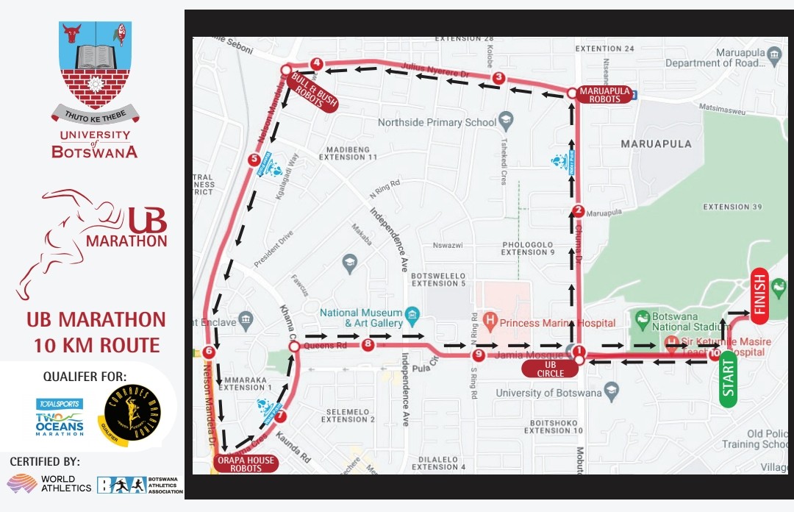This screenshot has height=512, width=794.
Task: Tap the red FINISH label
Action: (x=759, y=295)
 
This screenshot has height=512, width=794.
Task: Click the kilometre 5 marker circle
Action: (x=254, y=158)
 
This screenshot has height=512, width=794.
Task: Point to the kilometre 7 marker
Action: (x=279, y=416)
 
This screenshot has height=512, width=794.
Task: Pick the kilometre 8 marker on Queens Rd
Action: (x=368, y=344)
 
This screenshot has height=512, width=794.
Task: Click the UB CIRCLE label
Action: (x=550, y=369)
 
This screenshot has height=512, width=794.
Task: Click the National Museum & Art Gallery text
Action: (x=360, y=318)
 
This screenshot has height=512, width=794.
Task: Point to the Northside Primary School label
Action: (x=437, y=122)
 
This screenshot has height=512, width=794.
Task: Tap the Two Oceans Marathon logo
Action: (x=60, y=417)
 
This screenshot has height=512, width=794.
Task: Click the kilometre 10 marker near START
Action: (x=715, y=355)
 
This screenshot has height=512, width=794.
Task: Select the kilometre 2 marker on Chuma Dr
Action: (x=578, y=210)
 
